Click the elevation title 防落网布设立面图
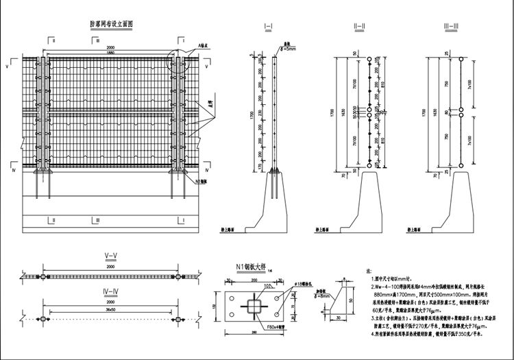coord(112,23)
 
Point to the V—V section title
coord(110,256)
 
